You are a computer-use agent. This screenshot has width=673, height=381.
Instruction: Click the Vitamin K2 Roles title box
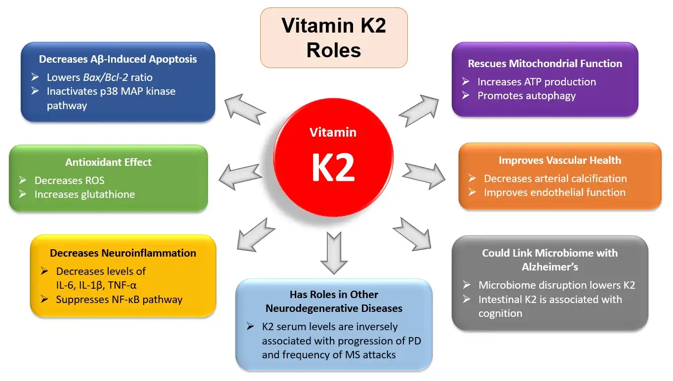[x=334, y=38]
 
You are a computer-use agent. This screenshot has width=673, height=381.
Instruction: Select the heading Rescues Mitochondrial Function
[x=545, y=64]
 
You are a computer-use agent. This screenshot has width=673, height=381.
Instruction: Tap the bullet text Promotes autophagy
[x=526, y=96]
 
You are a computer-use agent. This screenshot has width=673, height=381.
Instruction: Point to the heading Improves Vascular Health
[x=559, y=160]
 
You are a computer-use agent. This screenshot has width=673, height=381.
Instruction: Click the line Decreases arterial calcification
[x=555, y=179]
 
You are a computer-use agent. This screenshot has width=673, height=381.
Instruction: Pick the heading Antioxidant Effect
[x=108, y=162]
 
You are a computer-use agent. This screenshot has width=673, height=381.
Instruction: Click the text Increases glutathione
[x=84, y=194]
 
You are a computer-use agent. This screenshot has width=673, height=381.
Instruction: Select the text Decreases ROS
[x=69, y=181]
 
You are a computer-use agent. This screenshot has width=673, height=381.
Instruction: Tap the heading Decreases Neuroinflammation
[x=123, y=253]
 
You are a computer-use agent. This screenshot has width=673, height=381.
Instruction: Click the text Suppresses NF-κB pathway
[x=119, y=300]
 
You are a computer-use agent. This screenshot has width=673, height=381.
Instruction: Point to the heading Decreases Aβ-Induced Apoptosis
[x=118, y=59]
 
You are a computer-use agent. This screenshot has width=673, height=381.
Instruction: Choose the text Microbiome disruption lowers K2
[x=556, y=285]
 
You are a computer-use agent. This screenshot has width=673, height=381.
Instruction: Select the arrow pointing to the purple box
[x=418, y=111]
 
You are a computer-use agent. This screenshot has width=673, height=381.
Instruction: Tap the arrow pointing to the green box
[x=240, y=176]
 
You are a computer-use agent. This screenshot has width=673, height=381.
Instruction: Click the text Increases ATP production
[x=536, y=82]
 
